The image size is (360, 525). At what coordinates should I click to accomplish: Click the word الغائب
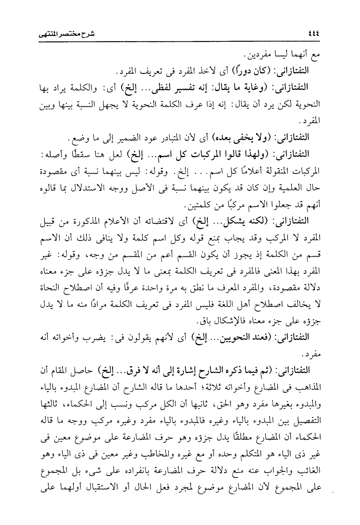click(x=311, y=469)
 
